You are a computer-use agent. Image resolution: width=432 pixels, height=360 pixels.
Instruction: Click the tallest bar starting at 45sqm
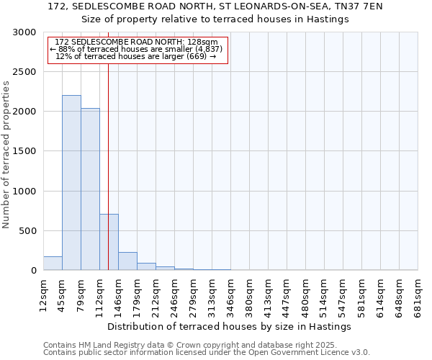(71, 183)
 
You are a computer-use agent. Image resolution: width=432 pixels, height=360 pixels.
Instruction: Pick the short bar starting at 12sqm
(53, 264)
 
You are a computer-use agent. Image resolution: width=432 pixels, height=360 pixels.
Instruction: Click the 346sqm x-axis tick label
(231, 294)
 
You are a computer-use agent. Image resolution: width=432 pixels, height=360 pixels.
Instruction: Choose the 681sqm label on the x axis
(418, 294)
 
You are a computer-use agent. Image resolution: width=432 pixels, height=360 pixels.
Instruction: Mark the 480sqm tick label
(306, 294)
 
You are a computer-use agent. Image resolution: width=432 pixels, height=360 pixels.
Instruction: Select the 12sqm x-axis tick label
(44, 294)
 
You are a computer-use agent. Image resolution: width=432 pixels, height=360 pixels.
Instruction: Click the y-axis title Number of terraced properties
(6, 155)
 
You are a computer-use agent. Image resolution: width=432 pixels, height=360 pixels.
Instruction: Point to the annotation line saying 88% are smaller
(136, 49)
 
